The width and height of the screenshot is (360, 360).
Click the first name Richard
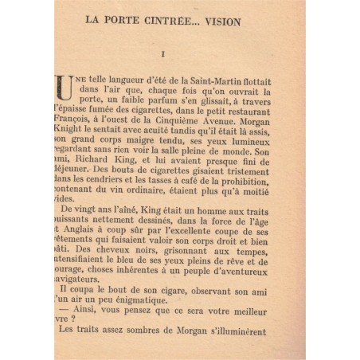point(88,158)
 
